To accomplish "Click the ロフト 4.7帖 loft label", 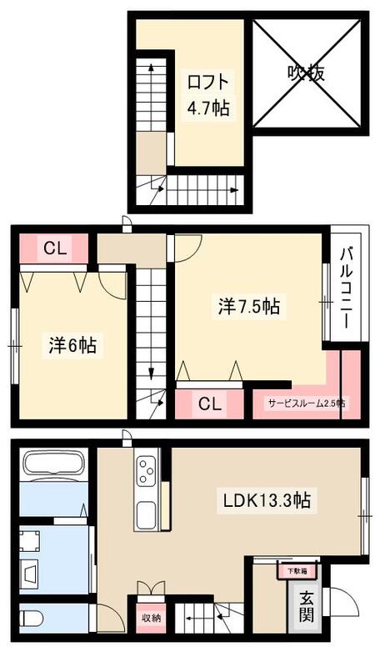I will (207, 95).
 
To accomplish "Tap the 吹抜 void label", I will (306, 73).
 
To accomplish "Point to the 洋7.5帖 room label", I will (248, 306).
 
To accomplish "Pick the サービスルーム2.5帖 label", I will (306, 404).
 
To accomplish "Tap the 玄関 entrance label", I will (306, 606).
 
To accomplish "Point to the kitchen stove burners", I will (148, 472).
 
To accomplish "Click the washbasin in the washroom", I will (31, 574).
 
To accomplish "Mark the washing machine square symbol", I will (35, 540).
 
